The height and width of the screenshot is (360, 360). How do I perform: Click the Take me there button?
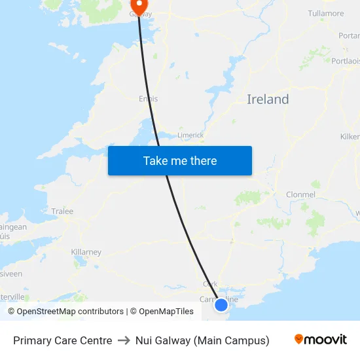(x=180, y=161)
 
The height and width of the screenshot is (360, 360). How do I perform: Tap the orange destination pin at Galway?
(x=138, y=6)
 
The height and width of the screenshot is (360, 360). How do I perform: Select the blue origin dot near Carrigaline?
(x=221, y=304)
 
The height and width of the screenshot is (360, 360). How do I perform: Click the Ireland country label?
(x=268, y=99)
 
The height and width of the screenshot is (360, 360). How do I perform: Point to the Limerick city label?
(x=190, y=135)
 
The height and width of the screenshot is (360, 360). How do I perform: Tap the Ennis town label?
(x=149, y=99)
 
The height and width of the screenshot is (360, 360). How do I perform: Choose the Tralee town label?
(x=62, y=211)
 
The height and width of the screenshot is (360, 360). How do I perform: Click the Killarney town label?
(x=86, y=252)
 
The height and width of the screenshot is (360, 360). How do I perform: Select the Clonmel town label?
(x=300, y=194)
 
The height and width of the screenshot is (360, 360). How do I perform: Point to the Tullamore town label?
(x=325, y=13)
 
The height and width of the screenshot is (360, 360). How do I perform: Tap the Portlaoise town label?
(x=345, y=60)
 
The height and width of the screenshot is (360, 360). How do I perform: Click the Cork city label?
(x=210, y=284)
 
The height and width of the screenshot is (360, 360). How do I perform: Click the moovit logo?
(x=321, y=340)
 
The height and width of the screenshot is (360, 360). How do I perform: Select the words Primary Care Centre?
(x=62, y=340)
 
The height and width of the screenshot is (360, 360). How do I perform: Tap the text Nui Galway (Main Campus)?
(x=202, y=340)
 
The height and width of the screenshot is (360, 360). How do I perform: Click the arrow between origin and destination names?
(x=124, y=340)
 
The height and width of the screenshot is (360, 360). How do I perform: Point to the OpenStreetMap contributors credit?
(x=65, y=312)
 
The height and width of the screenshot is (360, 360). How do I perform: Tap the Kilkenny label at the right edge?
(x=350, y=137)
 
